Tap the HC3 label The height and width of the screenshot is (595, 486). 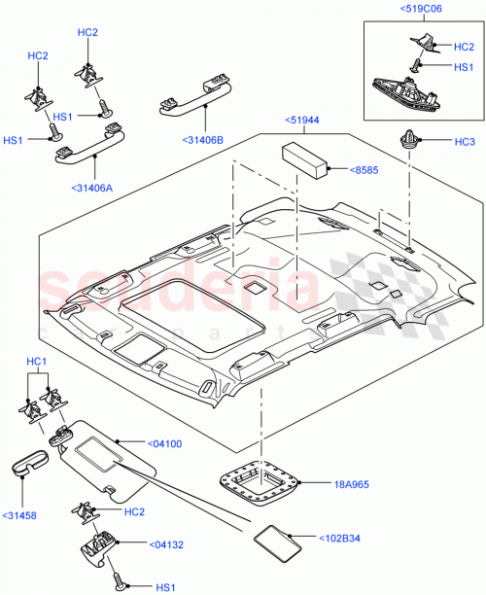click(464, 141)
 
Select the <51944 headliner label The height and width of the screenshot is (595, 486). click(302, 120)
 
